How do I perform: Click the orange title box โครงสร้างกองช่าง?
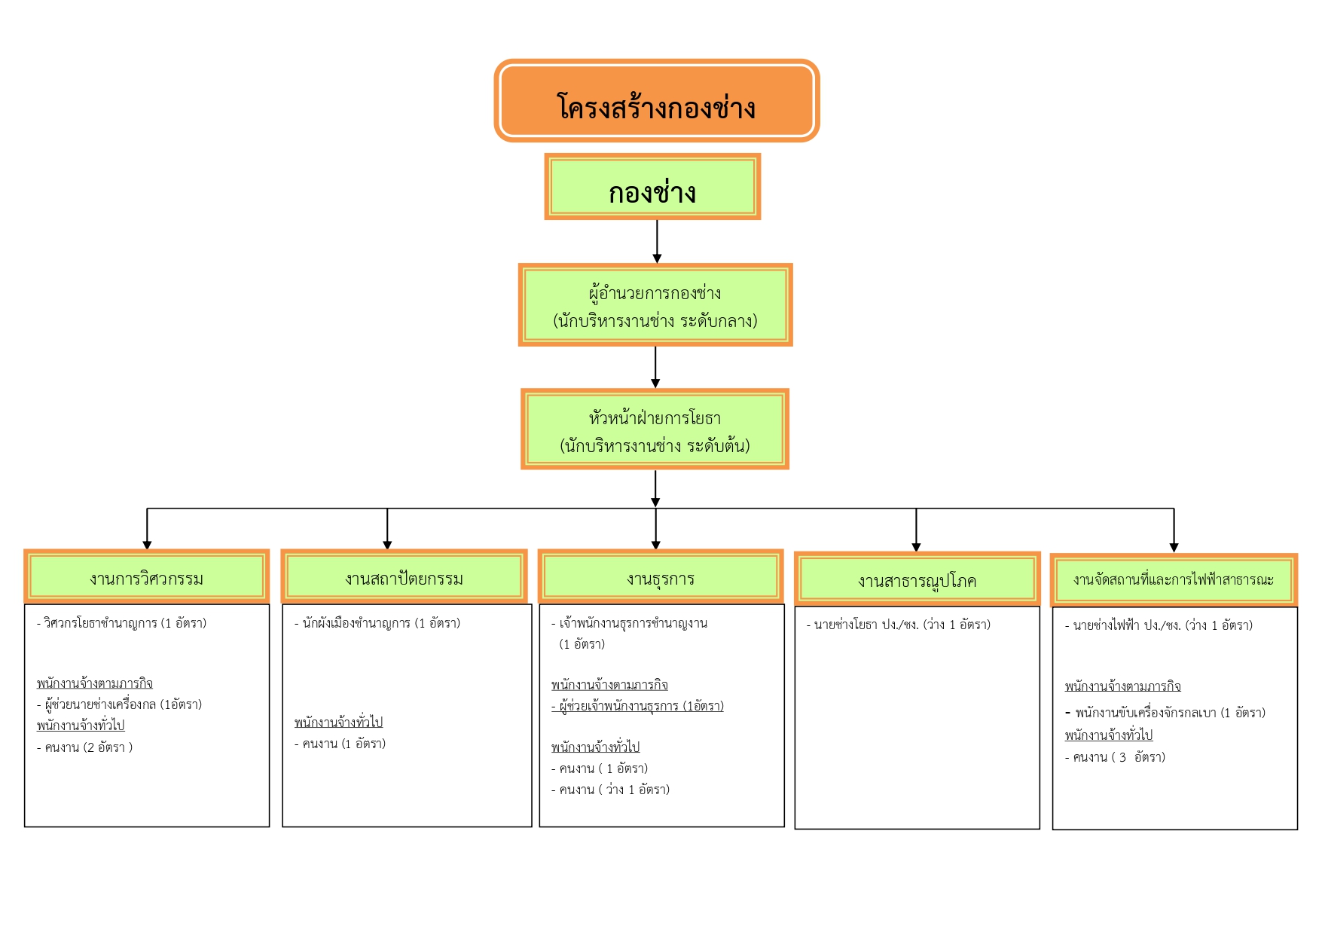[656, 100]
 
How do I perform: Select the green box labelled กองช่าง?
[652, 187]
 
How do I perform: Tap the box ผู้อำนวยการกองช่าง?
[655, 305]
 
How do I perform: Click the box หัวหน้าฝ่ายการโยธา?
[655, 429]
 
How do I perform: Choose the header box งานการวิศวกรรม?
[147, 576]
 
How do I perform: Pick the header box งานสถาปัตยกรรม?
[405, 576]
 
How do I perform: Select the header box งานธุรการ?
[661, 576]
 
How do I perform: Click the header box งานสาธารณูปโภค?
[917, 579]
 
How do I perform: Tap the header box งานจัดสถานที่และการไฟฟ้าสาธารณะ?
[1174, 580]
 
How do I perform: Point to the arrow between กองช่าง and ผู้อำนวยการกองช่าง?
[657, 241]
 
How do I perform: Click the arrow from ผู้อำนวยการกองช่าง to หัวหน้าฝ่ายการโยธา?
[655, 368]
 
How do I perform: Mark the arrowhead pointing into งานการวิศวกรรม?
[147, 545]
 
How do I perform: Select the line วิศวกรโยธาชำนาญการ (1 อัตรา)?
[122, 623]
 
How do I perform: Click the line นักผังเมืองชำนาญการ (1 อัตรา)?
[377, 623]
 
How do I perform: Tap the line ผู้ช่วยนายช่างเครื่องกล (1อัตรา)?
[120, 704]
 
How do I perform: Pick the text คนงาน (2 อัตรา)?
[85, 747]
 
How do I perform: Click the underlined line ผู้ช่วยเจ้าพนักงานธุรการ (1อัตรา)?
[637, 706]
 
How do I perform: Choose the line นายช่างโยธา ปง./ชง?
[899, 625]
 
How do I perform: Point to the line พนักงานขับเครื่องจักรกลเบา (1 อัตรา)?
[1165, 713]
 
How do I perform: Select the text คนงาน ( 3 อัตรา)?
[1115, 757]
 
